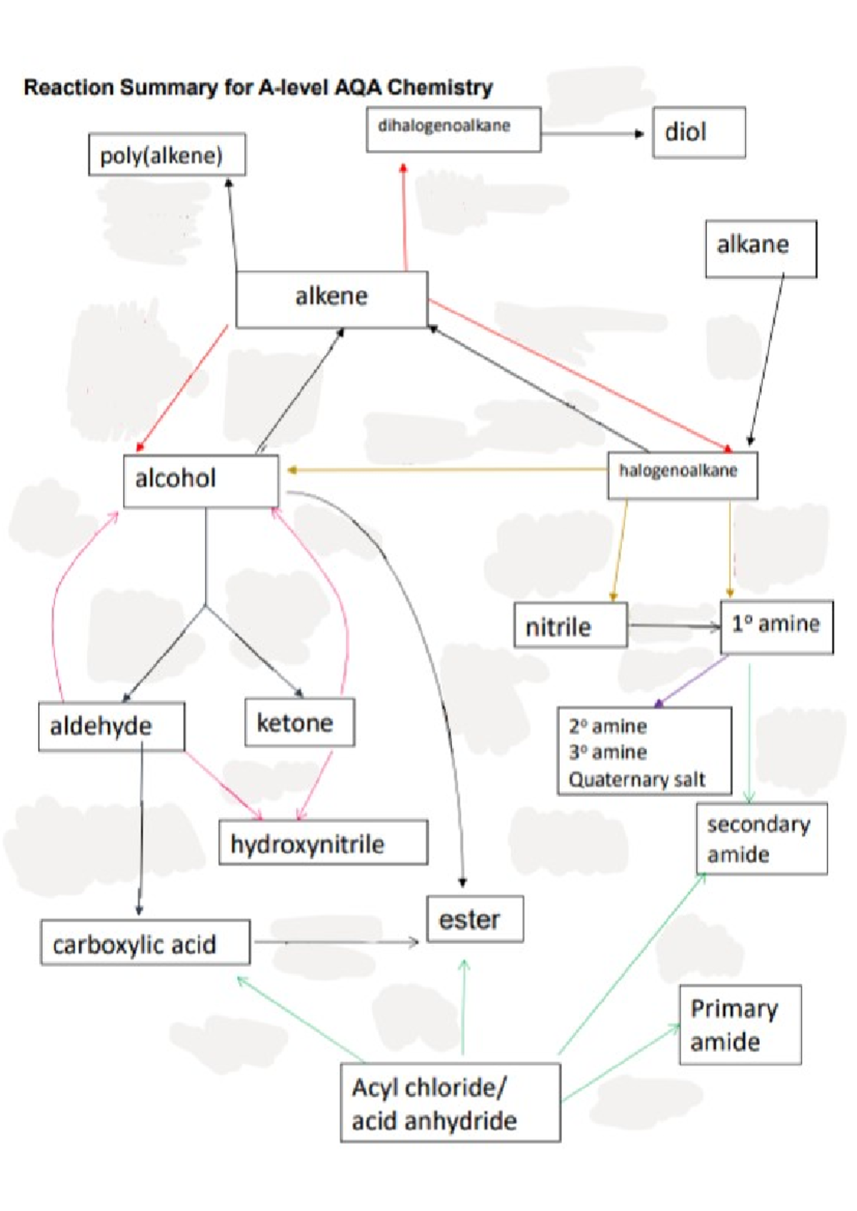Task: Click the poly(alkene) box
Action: click(x=167, y=155)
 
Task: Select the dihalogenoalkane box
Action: click(x=453, y=129)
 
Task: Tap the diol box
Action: click(x=699, y=133)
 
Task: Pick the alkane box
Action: click(x=761, y=248)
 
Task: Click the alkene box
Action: click(x=332, y=299)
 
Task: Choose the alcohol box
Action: click(x=201, y=481)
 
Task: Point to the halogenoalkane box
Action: click(x=682, y=476)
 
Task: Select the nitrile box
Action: click(x=571, y=625)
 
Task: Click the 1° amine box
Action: click(x=777, y=627)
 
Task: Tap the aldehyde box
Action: click(x=112, y=727)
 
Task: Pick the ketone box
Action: click(x=300, y=723)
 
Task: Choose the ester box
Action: click(x=475, y=919)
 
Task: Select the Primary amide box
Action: click(x=740, y=1025)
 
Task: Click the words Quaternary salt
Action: click(x=637, y=780)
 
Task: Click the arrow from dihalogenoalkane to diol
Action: click(x=593, y=134)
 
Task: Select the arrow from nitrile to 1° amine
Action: click(x=675, y=627)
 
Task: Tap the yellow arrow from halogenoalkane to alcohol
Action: click(x=447, y=470)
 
